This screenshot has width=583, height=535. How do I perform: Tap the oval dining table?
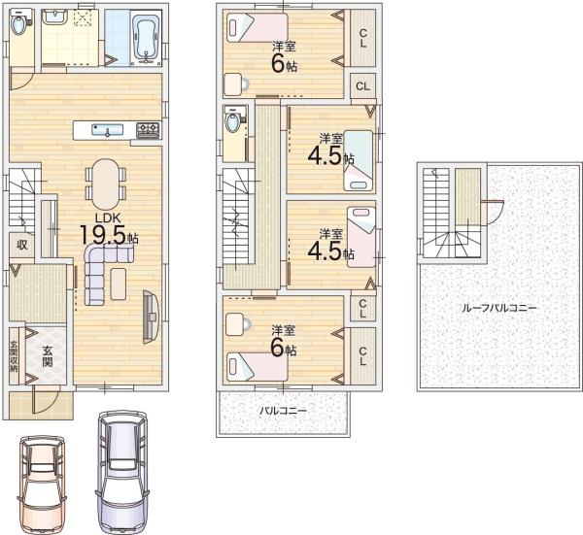(x=106, y=184)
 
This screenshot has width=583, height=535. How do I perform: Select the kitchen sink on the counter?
(x=108, y=130)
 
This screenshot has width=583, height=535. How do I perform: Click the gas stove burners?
(x=148, y=129)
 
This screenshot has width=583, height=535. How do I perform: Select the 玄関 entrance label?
(x=47, y=356)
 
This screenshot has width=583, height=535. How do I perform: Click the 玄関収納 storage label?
(x=14, y=356)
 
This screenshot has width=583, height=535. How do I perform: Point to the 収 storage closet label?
(x=22, y=245)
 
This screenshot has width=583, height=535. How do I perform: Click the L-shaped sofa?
(x=104, y=273)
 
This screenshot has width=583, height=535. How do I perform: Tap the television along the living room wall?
(x=151, y=317)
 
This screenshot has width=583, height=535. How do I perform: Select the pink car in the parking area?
(x=42, y=485)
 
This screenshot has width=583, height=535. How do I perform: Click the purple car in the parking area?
(x=122, y=473)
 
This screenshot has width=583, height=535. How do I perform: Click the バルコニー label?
(x=284, y=411)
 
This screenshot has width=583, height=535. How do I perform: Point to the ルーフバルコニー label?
(x=498, y=308)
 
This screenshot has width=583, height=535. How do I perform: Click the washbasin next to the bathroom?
(x=53, y=17)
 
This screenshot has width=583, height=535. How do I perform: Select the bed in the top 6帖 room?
(x=257, y=28)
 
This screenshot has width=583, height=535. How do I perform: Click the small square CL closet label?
(x=362, y=86)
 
